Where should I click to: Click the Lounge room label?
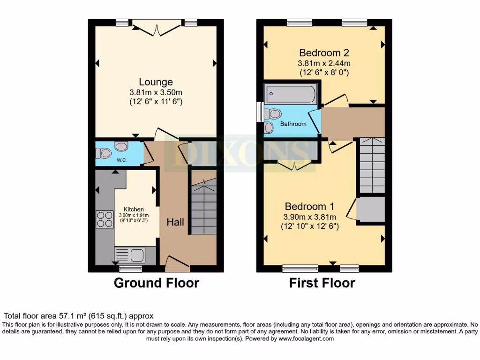(x=156, y=82)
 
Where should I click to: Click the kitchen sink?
(x=137, y=255)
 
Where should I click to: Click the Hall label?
(x=175, y=223)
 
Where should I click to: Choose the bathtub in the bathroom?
(x=290, y=94)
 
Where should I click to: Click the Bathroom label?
(x=293, y=124)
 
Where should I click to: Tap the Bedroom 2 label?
(x=324, y=52)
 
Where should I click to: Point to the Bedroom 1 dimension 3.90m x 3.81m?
(x=309, y=217)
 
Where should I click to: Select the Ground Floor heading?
(x=157, y=283)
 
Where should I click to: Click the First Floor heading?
(x=322, y=283)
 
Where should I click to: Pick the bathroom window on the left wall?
(x=259, y=112)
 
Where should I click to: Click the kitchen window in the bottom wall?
(x=130, y=269)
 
